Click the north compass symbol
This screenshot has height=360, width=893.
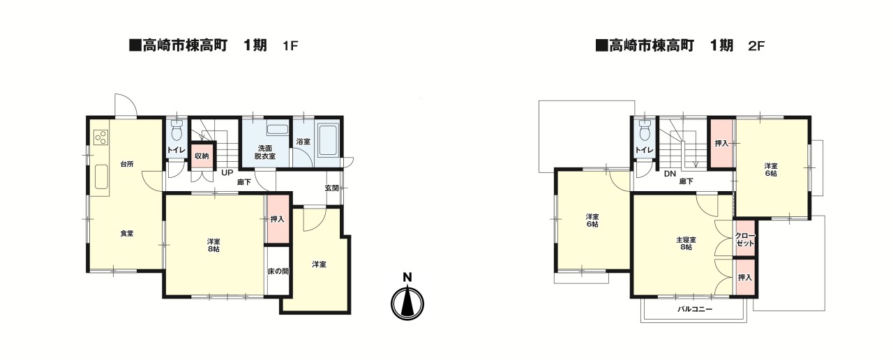coord(407,302)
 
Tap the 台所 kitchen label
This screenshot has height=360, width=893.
coord(126,165)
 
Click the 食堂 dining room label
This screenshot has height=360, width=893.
coord(126,233)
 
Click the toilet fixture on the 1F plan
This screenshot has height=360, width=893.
coord(177,130)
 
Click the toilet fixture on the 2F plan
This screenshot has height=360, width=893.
coord(644,130)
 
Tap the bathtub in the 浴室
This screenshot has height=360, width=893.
coord(328,141)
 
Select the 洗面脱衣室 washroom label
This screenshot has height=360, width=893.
coord(266,152)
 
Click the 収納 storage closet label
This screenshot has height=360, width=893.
coord(202,156)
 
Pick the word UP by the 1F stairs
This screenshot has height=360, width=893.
coord(227,172)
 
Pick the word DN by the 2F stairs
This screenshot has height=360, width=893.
coord(670,174)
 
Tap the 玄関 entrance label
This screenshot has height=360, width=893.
coord(332,188)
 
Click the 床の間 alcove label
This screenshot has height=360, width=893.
coord(278,271)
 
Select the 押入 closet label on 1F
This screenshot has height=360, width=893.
coord(278,219)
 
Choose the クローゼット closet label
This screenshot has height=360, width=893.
coord(744,239)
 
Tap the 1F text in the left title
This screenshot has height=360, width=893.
coord(290,47)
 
